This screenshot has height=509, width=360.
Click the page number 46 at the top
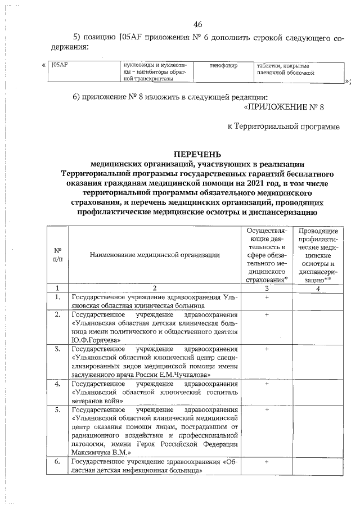coord(197,24)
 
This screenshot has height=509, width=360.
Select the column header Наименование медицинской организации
coord(154,255)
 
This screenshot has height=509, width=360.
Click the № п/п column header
coord(57,255)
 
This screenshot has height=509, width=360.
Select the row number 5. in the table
coord(57,409)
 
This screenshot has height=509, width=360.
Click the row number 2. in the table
coord(57,314)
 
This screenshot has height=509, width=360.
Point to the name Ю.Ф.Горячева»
coord(96,340)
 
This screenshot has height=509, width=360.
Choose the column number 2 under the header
coord(154,288)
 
